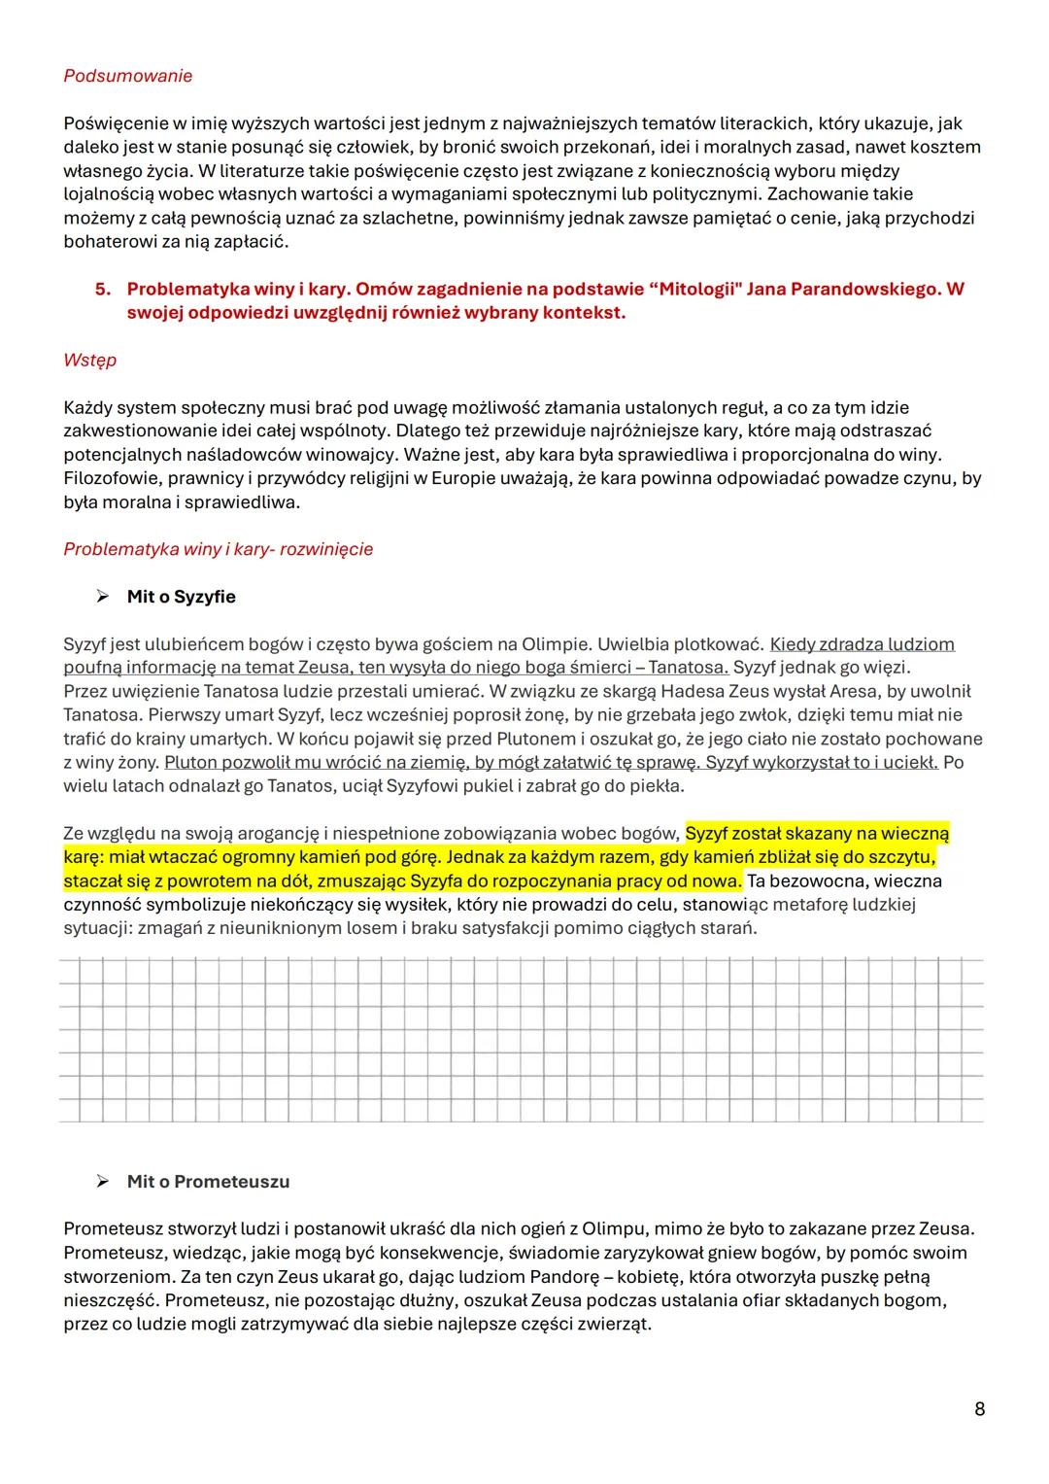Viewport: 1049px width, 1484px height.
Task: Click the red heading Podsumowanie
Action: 127,76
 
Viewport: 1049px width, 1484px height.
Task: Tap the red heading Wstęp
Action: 89,360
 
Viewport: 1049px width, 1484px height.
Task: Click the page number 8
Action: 979,1408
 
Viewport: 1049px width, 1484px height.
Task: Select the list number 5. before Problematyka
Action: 103,290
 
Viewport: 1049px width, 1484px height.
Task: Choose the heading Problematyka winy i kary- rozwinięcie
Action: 218,549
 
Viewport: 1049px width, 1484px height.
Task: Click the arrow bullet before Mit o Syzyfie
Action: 102,597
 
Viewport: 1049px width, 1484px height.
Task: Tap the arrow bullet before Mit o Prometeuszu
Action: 102,1182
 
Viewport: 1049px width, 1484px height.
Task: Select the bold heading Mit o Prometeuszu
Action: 208,1182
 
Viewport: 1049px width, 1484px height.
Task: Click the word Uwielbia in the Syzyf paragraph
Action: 629,644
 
